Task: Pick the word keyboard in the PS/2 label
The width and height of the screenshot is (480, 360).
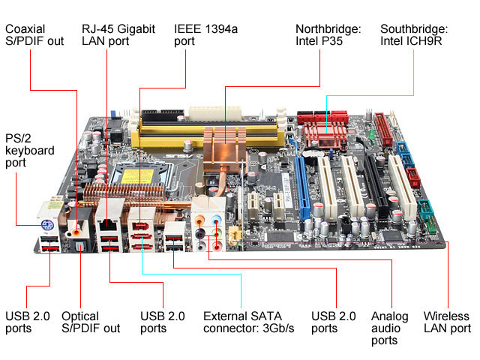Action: point(30,151)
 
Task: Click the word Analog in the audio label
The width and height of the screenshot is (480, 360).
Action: point(390,316)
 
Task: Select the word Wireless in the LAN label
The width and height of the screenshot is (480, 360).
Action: point(446,316)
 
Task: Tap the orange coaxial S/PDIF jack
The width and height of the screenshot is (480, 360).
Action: point(76,231)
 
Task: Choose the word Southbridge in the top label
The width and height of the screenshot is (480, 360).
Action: point(414,28)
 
